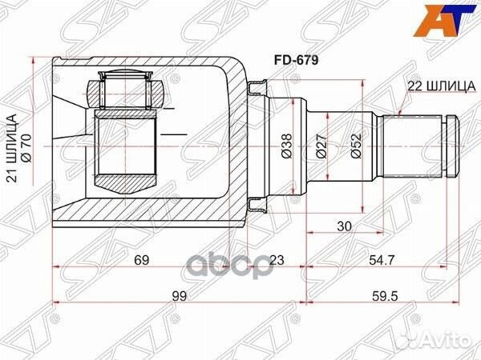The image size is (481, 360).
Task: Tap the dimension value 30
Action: (344, 226)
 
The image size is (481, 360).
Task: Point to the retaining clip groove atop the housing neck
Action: (257, 89)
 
